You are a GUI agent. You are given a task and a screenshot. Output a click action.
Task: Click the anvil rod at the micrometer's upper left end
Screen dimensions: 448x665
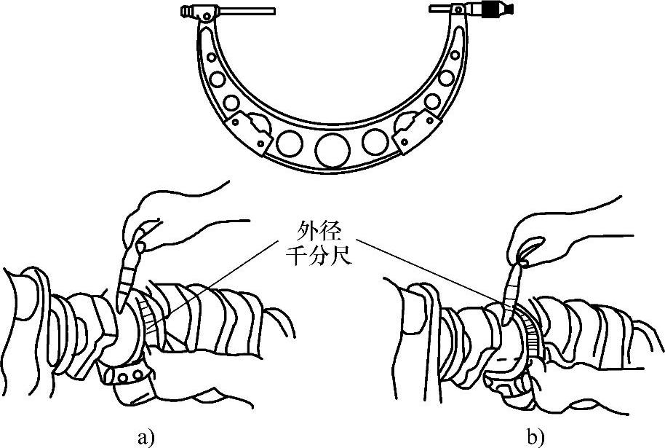pos(247,12)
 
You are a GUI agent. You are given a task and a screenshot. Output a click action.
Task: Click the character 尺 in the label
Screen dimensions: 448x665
pos(339,256)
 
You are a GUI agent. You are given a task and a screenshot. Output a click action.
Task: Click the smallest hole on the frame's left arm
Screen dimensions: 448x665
pos(211,57)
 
